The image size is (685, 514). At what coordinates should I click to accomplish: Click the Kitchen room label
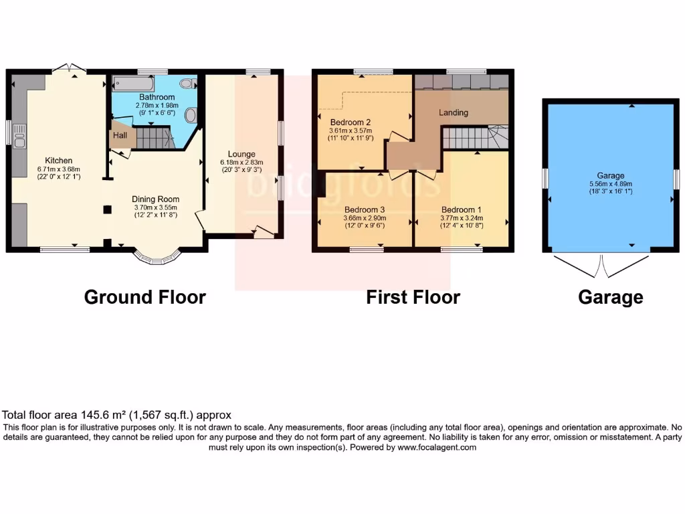click(x=58, y=161)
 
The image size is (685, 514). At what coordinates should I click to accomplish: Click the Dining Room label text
click(x=155, y=199)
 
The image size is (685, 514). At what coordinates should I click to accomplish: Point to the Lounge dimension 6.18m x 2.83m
click(x=241, y=162)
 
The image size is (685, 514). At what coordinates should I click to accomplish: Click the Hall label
click(x=120, y=135)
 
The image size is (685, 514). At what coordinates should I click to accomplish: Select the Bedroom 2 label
click(x=351, y=122)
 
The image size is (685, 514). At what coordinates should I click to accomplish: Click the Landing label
click(x=453, y=112)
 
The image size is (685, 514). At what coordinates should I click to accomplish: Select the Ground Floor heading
click(x=144, y=297)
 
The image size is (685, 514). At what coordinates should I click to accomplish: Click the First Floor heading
click(x=413, y=297)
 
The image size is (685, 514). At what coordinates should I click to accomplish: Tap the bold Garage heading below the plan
click(x=610, y=297)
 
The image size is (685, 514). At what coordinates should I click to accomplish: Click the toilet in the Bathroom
click(x=191, y=116)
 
